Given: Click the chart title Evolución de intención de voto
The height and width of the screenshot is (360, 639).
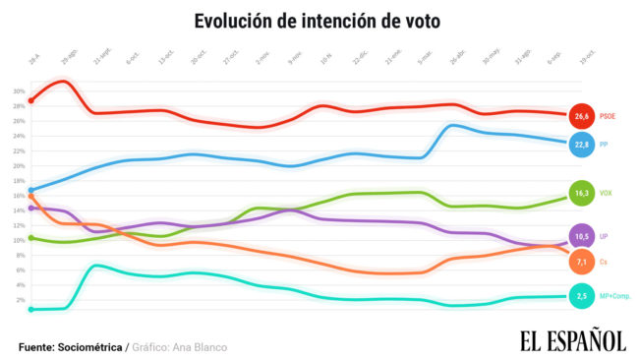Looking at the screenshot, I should pyautogui.click(x=318, y=21).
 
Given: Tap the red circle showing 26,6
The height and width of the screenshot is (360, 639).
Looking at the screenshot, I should pyautogui.click(x=582, y=116).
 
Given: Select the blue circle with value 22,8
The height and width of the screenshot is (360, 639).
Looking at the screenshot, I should pyautogui.click(x=582, y=145).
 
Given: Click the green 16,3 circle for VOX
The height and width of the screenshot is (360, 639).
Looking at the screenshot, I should pyautogui.click(x=582, y=193).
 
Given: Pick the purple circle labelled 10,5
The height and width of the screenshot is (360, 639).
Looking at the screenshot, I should pyautogui.click(x=582, y=237).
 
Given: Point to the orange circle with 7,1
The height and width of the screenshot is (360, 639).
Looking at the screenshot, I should pyautogui.click(x=582, y=262).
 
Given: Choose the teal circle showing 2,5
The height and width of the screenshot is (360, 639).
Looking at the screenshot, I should pyautogui.click(x=582, y=296).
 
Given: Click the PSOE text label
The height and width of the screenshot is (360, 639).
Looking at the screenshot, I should pyautogui.click(x=608, y=116).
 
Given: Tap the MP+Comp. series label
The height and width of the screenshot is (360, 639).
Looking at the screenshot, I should pyautogui.click(x=614, y=296).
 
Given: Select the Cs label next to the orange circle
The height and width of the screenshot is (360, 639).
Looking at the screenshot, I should pyautogui.click(x=604, y=262).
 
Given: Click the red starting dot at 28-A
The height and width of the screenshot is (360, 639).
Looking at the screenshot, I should pyautogui.click(x=31, y=100).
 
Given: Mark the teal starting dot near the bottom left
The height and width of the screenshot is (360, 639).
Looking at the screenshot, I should pyautogui.click(x=31, y=310).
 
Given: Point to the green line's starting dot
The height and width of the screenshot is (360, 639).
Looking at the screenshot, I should pyautogui.click(x=31, y=238).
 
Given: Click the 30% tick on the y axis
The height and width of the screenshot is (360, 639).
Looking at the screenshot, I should pyautogui.click(x=18, y=91).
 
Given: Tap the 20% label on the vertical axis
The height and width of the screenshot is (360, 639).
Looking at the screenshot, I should pyautogui.click(x=18, y=165).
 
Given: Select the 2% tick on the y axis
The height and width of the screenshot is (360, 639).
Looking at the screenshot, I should pyautogui.click(x=18, y=299).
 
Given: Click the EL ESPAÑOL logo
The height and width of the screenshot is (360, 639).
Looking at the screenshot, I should pyautogui.click(x=572, y=340).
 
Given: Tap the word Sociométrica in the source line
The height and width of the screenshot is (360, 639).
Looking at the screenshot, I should pyautogui.click(x=91, y=347).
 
